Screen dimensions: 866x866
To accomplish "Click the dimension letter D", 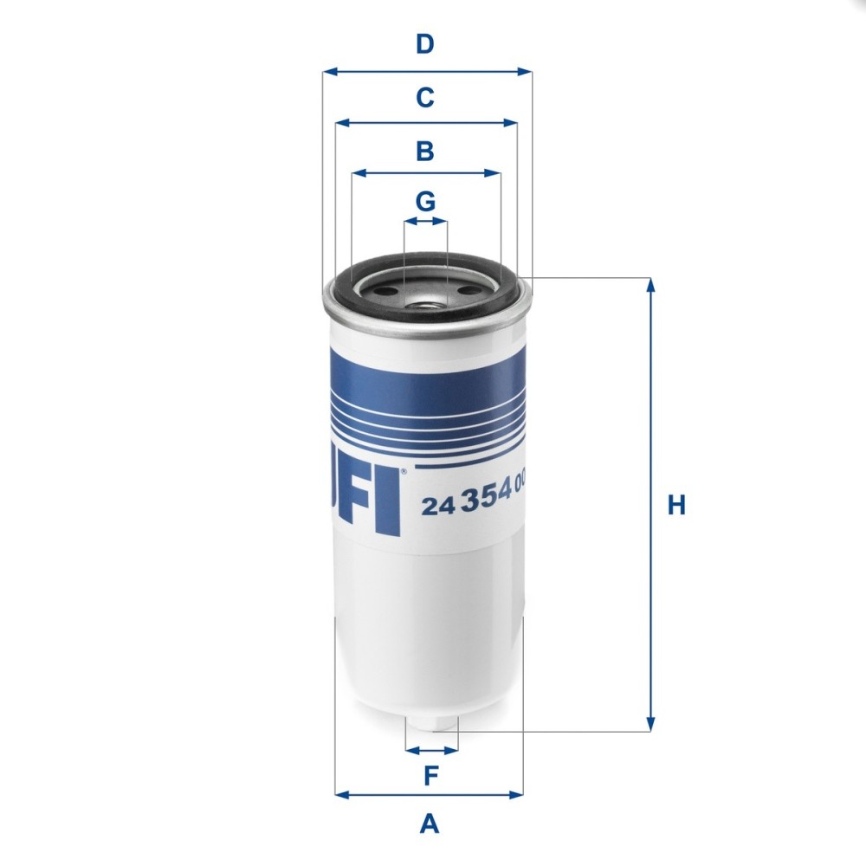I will (x=423, y=43).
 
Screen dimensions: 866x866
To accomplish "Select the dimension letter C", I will (x=424, y=98).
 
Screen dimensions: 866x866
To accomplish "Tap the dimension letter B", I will (x=424, y=152).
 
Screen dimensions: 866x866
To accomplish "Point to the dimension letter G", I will (x=424, y=202).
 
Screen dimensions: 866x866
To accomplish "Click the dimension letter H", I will (x=676, y=505).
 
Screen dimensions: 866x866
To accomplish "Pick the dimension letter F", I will (x=430, y=776).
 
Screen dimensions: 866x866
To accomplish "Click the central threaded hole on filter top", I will (x=425, y=301).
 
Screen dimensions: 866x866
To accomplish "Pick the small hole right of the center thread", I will (x=468, y=292).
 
